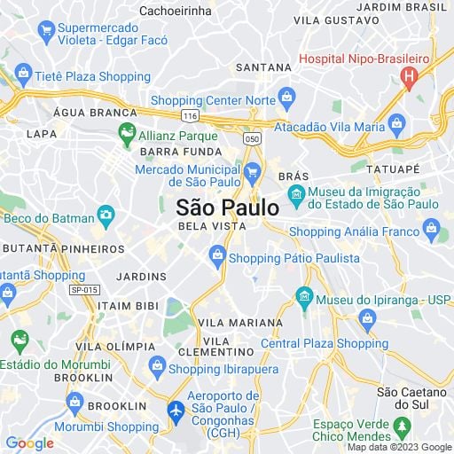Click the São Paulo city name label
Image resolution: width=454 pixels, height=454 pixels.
227,207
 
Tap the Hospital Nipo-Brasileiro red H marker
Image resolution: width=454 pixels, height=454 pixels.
409,78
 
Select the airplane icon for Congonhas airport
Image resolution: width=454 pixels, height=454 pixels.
176,411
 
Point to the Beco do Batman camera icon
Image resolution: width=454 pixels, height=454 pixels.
106,215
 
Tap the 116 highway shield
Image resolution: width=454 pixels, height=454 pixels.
188,116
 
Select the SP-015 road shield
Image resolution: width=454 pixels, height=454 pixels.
84,290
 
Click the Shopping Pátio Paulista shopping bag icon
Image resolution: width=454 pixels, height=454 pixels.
217,257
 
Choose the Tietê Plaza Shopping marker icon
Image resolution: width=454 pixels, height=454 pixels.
21,75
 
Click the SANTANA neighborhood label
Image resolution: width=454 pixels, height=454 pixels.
263,67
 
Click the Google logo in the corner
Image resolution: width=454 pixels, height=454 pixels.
29,443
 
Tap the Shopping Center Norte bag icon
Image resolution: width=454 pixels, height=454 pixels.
286,97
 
